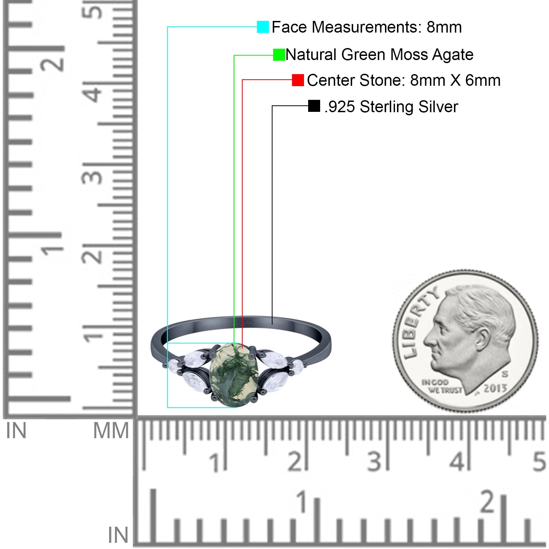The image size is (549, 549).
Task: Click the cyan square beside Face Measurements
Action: point(263,27)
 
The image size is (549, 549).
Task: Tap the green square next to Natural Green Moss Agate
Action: point(279,55)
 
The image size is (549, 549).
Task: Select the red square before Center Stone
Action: point(298,80)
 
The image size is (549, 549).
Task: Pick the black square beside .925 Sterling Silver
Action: point(314,106)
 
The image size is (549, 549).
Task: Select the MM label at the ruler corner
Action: point(111,431)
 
